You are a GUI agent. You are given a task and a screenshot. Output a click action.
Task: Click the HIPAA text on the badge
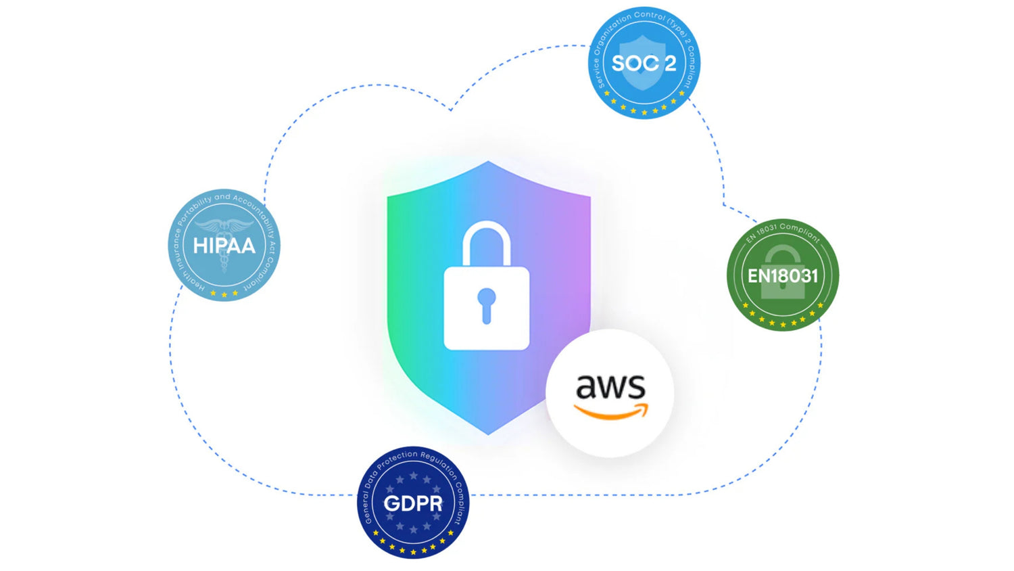pyautogui.click(x=224, y=245)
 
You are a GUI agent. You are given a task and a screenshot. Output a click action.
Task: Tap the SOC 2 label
pyautogui.click(x=644, y=64)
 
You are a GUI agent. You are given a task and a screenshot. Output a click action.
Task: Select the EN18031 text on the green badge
pyautogui.click(x=783, y=275)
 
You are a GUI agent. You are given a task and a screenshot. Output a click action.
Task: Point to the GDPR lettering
pyautogui.click(x=413, y=503)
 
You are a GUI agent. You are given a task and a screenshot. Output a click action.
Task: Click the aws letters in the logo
pyautogui.click(x=610, y=387)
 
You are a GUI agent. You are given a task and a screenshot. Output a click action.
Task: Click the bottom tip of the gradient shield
pyautogui.click(x=488, y=433)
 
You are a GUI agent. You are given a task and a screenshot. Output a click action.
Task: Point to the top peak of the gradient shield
pyautogui.click(x=488, y=163)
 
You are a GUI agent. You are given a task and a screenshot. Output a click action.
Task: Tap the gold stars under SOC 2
pyautogui.click(x=644, y=110)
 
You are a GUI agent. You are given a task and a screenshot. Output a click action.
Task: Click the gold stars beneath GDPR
pyautogui.click(x=413, y=549)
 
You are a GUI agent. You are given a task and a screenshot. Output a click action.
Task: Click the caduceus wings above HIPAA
pyautogui.click(x=224, y=226)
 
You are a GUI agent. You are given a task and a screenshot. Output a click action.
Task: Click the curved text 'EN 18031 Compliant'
pyautogui.click(x=783, y=229)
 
